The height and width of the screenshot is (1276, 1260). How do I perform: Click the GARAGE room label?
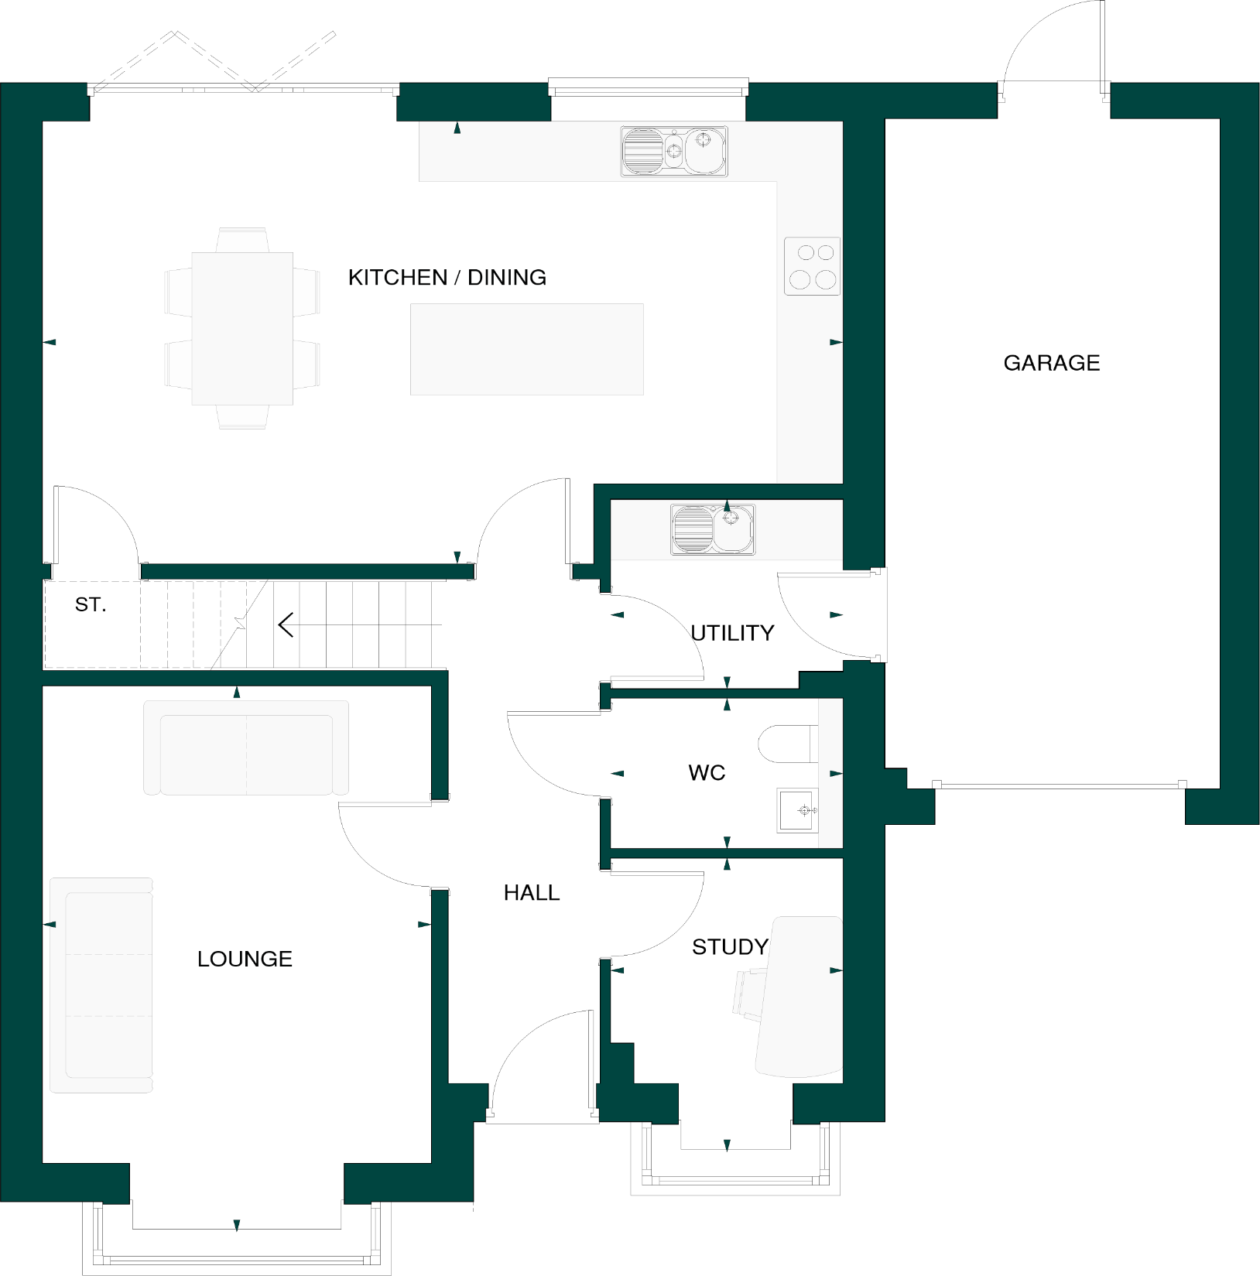pyautogui.click(x=1051, y=363)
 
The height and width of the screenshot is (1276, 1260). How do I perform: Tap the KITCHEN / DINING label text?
pyautogui.click(x=447, y=277)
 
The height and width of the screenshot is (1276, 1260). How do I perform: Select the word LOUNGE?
pyautogui.click(x=245, y=959)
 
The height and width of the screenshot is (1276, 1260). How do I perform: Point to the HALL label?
pyautogui.click(x=531, y=892)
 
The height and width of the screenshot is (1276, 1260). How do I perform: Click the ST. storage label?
pyautogui.click(x=91, y=604)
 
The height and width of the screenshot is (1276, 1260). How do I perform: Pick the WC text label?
pyautogui.click(x=707, y=772)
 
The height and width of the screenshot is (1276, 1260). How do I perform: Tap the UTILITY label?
pyautogui.click(x=732, y=633)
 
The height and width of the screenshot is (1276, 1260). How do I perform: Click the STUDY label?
pyautogui.click(x=729, y=946)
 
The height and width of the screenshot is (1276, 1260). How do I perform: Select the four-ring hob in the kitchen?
pyautogui.click(x=812, y=266)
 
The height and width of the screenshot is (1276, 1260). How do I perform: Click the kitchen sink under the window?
pyautogui.click(x=673, y=151)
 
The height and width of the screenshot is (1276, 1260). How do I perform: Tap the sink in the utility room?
pyautogui.click(x=712, y=529)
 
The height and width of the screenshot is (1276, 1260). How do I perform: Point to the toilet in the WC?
pyautogui.click(x=786, y=744)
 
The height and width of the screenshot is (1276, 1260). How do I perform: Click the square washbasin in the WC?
pyautogui.click(x=797, y=810)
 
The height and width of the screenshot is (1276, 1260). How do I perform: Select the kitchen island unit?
pyautogui.click(x=526, y=349)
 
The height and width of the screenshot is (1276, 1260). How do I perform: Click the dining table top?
pyautogui.click(x=242, y=328)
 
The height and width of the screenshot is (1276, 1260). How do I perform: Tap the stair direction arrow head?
pyautogui.click(x=285, y=624)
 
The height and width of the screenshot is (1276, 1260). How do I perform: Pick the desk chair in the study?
pyautogui.click(x=748, y=992)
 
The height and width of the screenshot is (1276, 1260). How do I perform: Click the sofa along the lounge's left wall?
pyautogui.click(x=101, y=984)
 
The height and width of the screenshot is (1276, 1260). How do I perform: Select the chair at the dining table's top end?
pyautogui.click(x=242, y=239)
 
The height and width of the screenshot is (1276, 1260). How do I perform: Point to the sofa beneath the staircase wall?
pyautogui.click(x=246, y=747)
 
